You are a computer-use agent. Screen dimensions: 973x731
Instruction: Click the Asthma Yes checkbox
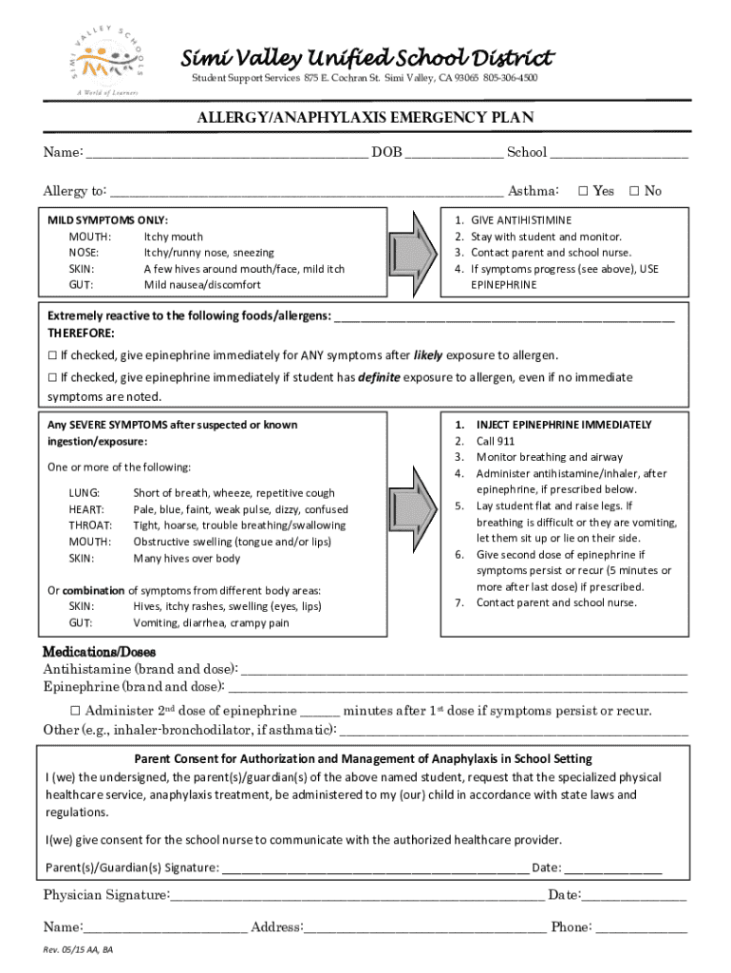[x=584, y=191]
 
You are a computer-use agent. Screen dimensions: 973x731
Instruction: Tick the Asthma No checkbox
[x=635, y=191]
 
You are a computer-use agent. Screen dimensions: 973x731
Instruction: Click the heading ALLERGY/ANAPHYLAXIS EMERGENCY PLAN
[x=365, y=118]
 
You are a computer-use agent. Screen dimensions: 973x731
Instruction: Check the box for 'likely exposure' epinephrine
[x=53, y=356]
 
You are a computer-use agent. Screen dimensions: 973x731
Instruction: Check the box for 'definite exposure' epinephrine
[x=53, y=378]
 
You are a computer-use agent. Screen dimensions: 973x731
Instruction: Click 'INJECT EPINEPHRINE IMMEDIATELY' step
[x=563, y=425]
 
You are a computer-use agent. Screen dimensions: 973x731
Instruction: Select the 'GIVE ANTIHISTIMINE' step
[x=521, y=219]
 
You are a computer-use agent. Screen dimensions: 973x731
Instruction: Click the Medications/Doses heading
[x=100, y=652]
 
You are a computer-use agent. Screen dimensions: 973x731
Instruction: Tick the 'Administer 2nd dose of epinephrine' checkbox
[x=76, y=711]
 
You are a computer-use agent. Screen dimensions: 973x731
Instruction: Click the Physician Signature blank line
[x=358, y=896]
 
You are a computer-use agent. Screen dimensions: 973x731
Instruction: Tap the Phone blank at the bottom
[x=641, y=928]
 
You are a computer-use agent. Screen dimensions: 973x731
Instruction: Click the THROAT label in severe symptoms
[x=90, y=525]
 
